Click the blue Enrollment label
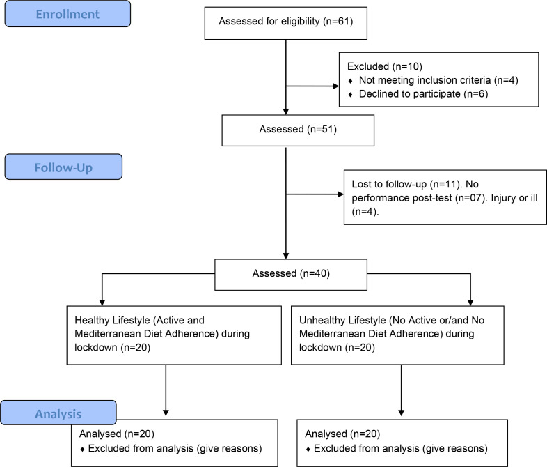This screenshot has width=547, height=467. (68, 14)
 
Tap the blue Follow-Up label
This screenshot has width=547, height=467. (63, 167)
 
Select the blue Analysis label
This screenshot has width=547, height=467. (58, 413)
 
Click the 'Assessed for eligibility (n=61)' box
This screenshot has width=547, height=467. (286, 23)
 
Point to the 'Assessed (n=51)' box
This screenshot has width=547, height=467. (298, 130)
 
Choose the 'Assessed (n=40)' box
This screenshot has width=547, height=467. (291, 275)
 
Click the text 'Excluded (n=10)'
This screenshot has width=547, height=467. (384, 66)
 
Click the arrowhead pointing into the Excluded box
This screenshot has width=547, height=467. (336, 86)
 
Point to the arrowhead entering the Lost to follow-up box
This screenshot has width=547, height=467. (341, 194)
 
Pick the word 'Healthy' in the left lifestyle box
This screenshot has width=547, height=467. (93, 321)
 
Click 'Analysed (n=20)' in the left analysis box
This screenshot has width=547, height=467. (117, 434)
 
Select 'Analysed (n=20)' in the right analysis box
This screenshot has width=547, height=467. (342, 434)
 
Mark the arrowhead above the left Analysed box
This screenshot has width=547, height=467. (166, 413)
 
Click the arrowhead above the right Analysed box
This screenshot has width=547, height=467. (401, 413)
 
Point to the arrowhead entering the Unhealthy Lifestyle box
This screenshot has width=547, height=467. (470, 303)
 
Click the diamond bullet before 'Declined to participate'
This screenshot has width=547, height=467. (350, 94)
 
